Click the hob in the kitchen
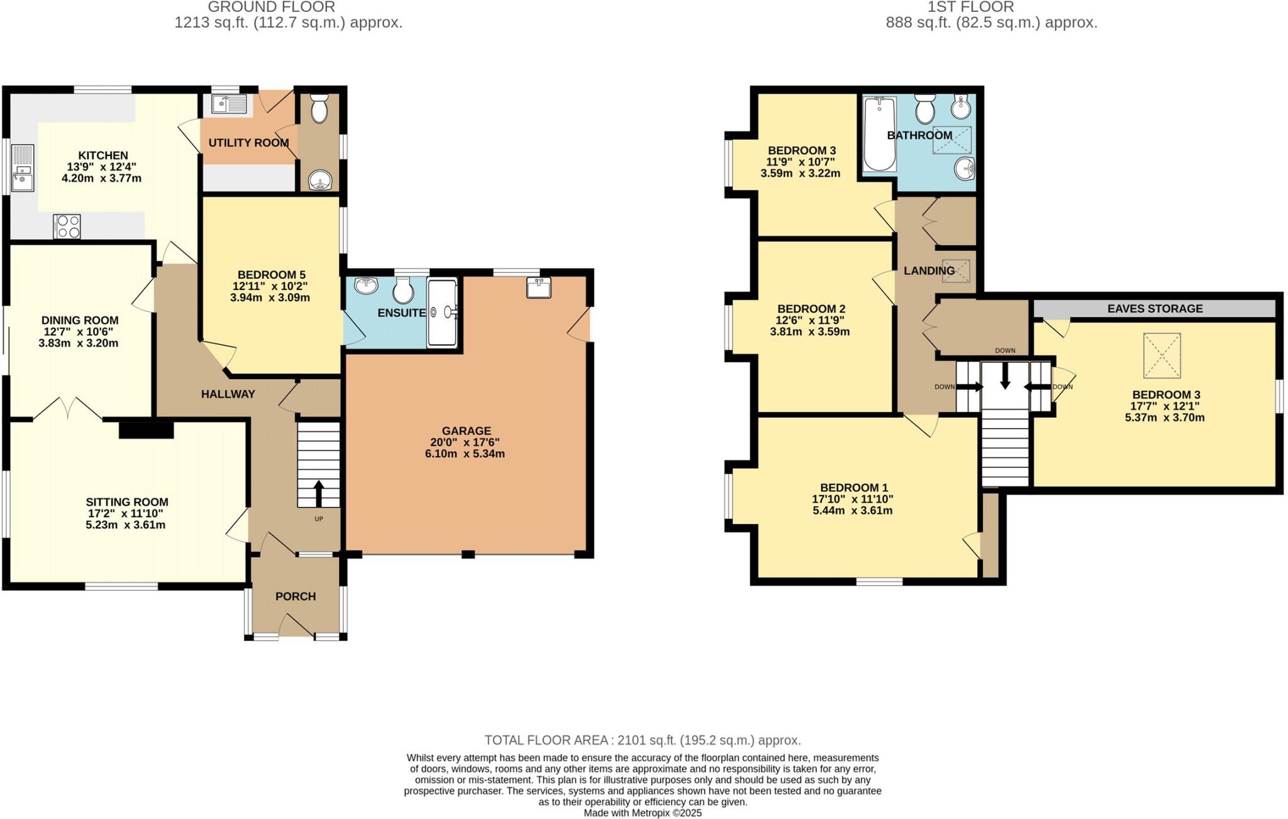coord(67,226)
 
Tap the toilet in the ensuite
coord(402,290)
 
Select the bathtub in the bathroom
coord(879,134)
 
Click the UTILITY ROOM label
coord(248,143)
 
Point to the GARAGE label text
coord(466,431)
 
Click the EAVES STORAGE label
coord(1155,309)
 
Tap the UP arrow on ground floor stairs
coord(318,493)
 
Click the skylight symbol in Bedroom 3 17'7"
coord(1162,355)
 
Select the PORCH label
coord(296,596)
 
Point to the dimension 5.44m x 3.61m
coord(852,511)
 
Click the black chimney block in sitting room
coord(146,430)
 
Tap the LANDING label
coord(929,270)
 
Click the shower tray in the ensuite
coord(442,313)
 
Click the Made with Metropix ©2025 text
coord(642,813)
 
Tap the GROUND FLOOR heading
coord(271,7)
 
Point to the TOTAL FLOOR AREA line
coord(642,740)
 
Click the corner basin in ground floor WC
coord(319,182)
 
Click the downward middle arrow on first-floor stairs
coord(1005,376)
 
